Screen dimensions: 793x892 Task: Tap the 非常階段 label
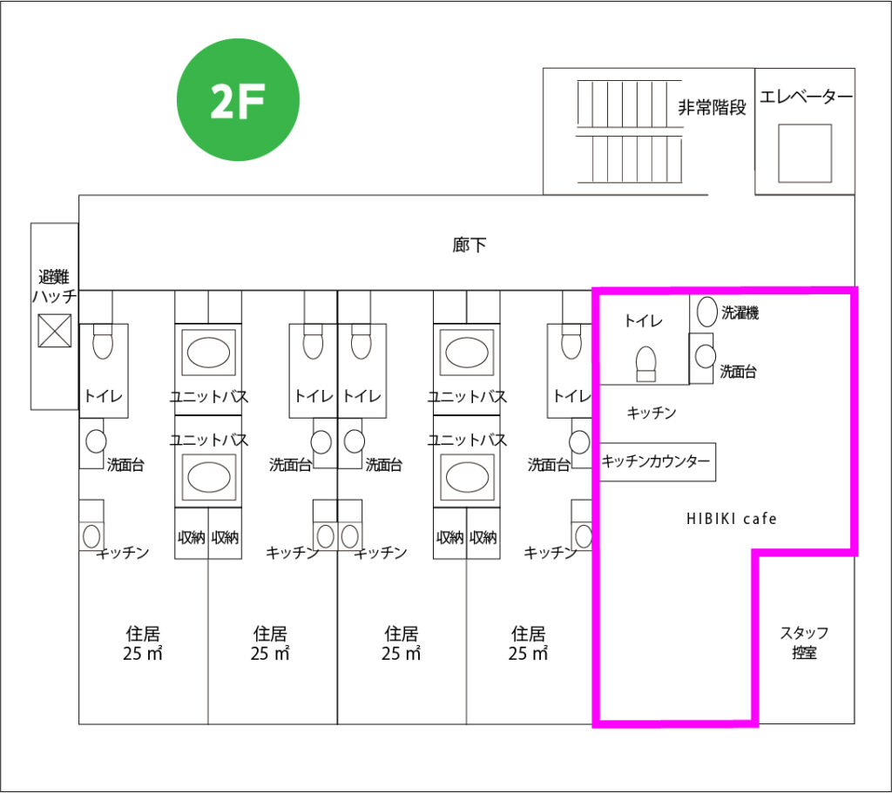(713, 108)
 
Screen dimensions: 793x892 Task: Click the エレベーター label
(806, 97)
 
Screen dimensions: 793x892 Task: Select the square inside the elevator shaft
(804, 153)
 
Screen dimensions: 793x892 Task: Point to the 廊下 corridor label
(469, 245)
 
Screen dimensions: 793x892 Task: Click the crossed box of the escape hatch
(55, 331)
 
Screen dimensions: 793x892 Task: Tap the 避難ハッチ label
(55, 286)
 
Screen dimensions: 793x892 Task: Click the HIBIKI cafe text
(731, 519)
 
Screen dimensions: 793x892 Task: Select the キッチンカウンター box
(657, 461)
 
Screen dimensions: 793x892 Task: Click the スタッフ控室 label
(804, 642)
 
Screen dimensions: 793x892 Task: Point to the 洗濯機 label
(740, 313)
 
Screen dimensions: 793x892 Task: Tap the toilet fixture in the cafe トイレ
(645, 363)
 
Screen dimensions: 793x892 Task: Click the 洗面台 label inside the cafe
(738, 372)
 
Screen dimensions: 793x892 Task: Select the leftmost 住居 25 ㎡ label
(142, 643)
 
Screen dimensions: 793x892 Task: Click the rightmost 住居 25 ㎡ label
(529, 643)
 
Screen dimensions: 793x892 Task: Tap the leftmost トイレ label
(104, 396)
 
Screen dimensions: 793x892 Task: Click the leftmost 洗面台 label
(125, 464)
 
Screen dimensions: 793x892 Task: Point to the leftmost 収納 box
(191, 538)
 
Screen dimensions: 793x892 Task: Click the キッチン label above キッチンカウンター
(652, 413)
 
